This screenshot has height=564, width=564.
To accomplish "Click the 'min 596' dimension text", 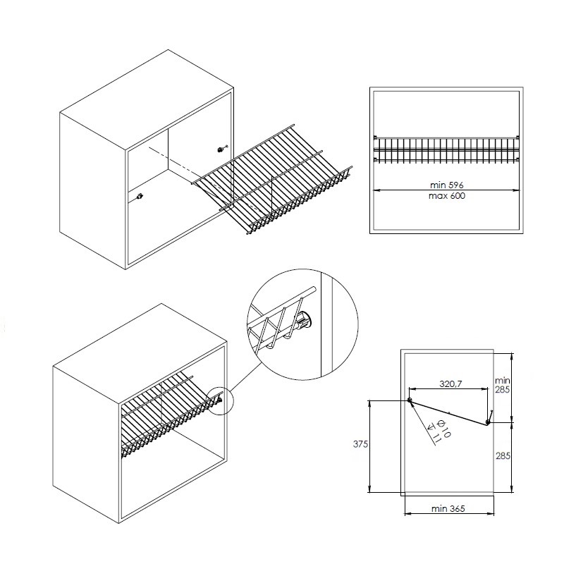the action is pyautogui.click(x=447, y=185).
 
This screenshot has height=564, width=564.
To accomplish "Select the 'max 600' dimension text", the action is pyautogui.click(x=447, y=196).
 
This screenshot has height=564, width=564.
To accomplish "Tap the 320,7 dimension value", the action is pyautogui.click(x=450, y=384).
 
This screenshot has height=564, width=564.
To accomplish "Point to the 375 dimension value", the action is pyautogui.click(x=360, y=444).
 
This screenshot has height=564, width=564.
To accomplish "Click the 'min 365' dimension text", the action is pyautogui.click(x=448, y=508).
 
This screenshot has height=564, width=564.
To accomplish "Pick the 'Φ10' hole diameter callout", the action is pyautogui.click(x=444, y=429).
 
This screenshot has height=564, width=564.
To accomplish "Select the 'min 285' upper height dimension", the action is pyautogui.click(x=503, y=384).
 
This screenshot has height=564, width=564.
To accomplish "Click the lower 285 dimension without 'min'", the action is pyautogui.click(x=503, y=455).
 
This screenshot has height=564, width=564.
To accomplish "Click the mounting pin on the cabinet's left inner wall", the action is pyautogui.click(x=140, y=197).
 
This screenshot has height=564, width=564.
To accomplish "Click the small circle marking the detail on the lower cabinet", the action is pyautogui.click(x=221, y=402).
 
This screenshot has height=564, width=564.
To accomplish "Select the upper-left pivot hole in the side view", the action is pyautogui.click(x=410, y=400).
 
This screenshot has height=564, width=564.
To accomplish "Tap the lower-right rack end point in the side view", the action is pyautogui.click(x=487, y=422).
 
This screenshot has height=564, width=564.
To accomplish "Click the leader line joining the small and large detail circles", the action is pyautogui.click(x=247, y=376).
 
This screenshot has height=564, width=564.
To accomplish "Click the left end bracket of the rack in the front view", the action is pyautogui.click(x=376, y=148).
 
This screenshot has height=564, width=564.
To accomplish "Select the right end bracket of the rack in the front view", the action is pyautogui.click(x=517, y=148).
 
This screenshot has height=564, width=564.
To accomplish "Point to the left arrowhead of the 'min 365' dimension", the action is pyautogui.click(x=408, y=514).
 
